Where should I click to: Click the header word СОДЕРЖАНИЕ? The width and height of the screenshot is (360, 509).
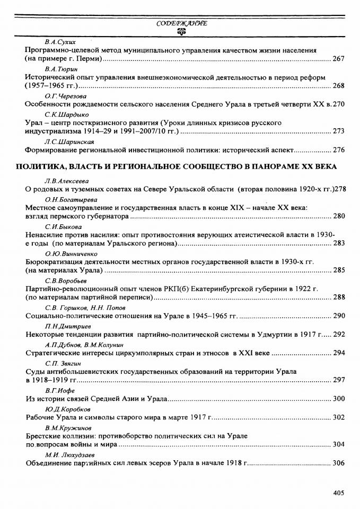point(181,23)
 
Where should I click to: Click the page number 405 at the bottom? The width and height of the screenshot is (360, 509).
point(339,493)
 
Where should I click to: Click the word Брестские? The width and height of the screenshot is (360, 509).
point(43,435)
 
